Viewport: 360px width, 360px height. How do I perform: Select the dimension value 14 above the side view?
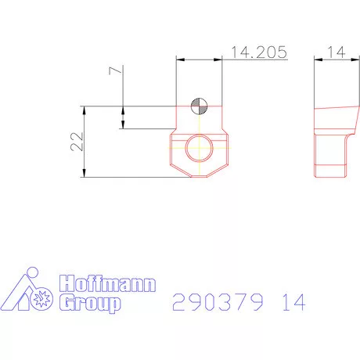coord(337,52)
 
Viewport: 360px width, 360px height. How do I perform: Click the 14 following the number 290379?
coord(290,301)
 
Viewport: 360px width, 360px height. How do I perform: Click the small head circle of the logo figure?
coord(32,273)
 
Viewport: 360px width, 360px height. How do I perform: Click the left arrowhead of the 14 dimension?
coord(318,59)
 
